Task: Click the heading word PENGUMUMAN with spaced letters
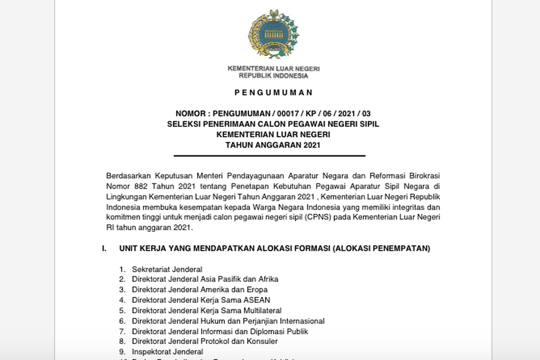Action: [x=267, y=93]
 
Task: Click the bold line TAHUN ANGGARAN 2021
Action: [x=270, y=145]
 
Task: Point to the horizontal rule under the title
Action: [x=270, y=156]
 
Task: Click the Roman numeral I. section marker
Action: [x=105, y=248]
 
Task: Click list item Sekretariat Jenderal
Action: [x=167, y=269]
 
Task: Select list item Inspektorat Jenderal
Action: [x=167, y=352]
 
